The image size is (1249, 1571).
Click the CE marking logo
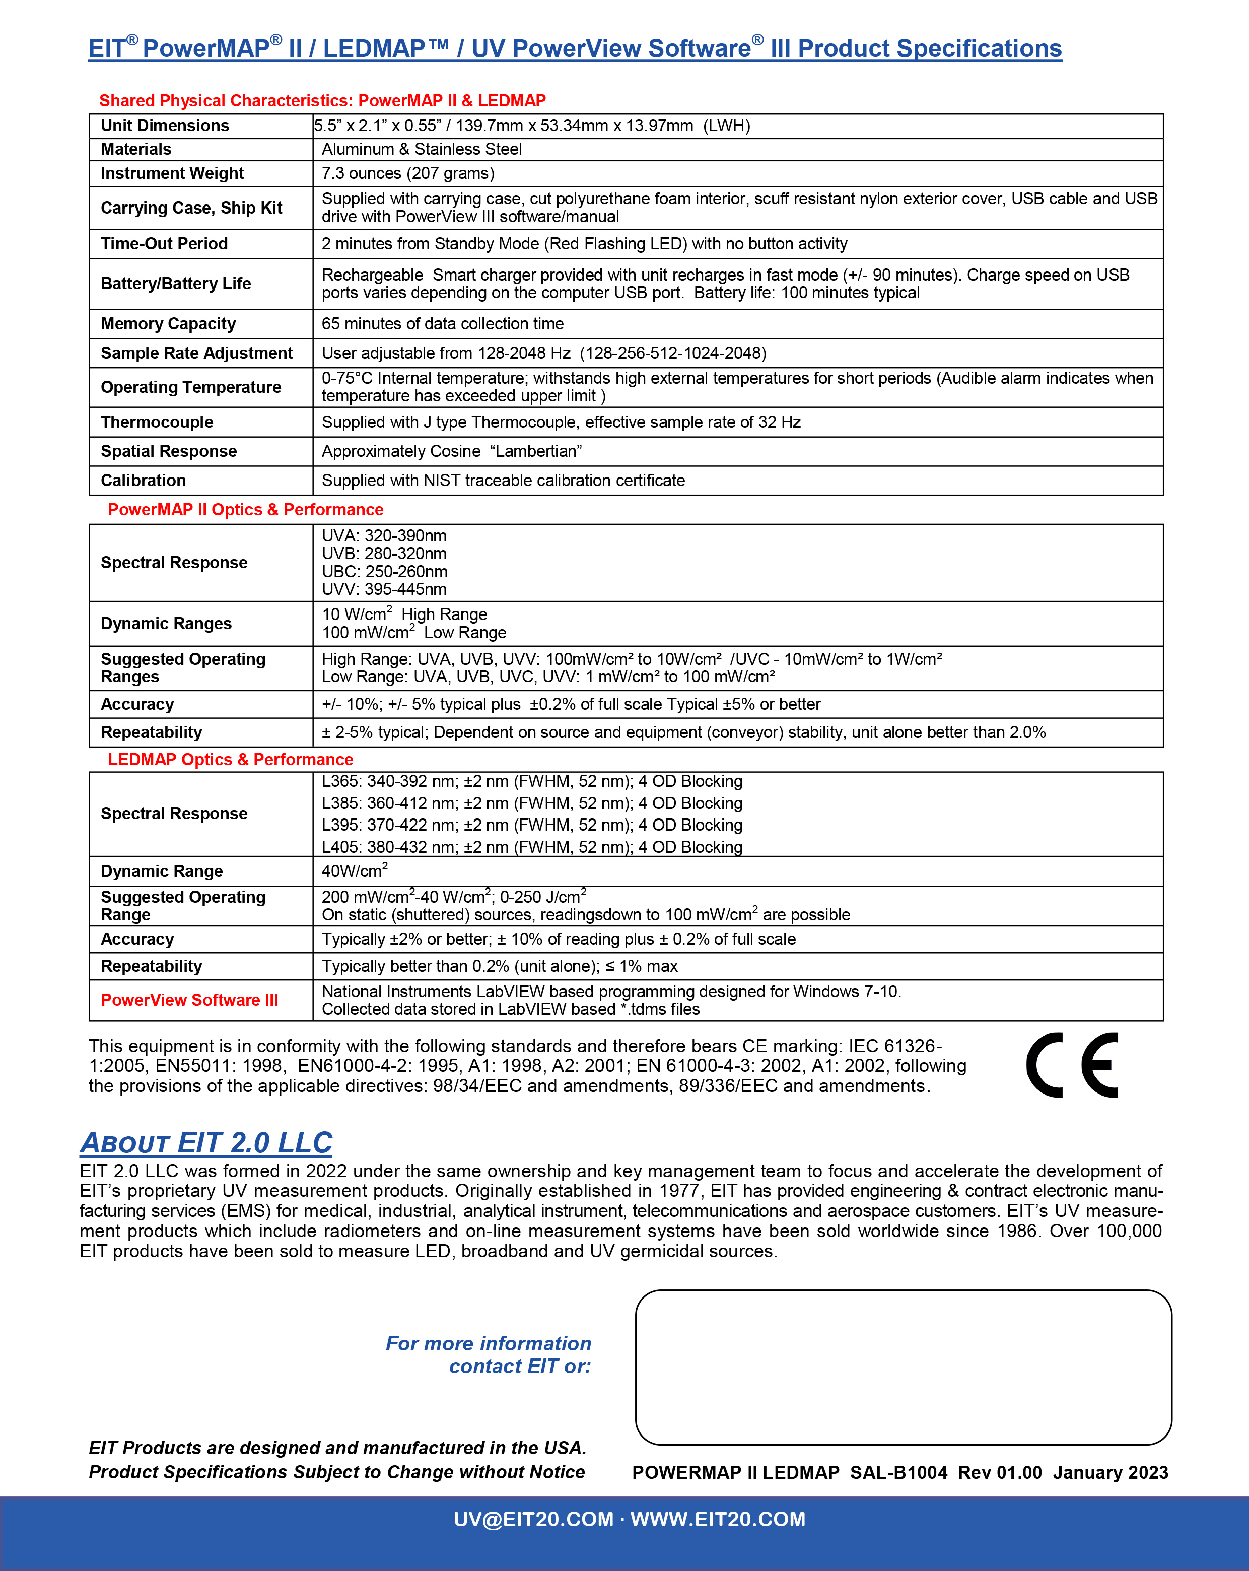click(x=1071, y=1065)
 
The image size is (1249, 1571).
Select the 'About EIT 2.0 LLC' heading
click(x=206, y=1142)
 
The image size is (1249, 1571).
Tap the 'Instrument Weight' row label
click(x=172, y=173)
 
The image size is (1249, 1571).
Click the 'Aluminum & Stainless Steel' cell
click(x=422, y=150)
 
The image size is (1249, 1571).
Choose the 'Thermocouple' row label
click(x=157, y=422)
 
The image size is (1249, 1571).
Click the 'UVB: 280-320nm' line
click(x=384, y=554)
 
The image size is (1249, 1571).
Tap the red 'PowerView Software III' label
click(x=189, y=1000)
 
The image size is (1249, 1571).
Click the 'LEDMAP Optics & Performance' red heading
click(x=230, y=759)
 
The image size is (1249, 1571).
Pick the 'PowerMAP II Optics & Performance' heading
click(x=246, y=509)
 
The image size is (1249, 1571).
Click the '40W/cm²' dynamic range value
click(x=355, y=871)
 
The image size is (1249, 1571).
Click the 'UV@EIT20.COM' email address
click(x=533, y=1519)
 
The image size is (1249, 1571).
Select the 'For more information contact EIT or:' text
click(x=488, y=1354)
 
